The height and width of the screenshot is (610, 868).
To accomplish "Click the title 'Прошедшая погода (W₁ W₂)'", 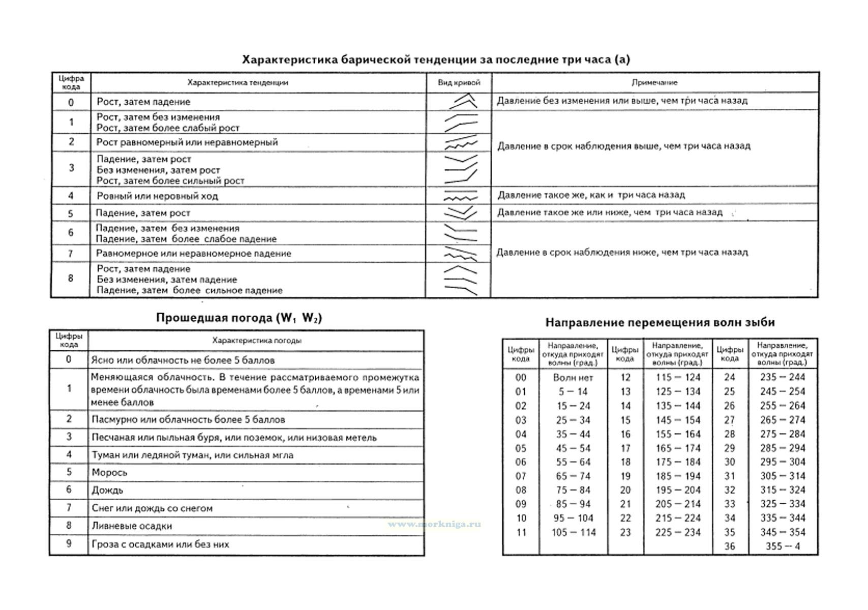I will point(238,318).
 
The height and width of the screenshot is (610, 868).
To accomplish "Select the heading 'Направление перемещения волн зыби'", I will point(660,322).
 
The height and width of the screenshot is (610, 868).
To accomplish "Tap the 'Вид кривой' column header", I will point(459,82).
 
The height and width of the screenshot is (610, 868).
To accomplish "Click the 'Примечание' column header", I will point(654,82).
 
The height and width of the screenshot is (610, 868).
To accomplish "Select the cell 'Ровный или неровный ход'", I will point(157,196).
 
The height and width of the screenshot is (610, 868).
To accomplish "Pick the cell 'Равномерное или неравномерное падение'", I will point(193,253).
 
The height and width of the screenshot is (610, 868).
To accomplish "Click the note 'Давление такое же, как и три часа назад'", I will point(591,195).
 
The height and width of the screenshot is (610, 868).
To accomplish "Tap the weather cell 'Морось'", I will point(109,473).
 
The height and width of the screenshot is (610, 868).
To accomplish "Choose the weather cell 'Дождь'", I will point(107,491).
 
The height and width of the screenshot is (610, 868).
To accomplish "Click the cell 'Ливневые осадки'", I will point(132,526).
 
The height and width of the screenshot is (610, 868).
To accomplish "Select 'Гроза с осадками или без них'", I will point(160,544).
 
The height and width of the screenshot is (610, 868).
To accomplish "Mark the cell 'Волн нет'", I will point(573,378).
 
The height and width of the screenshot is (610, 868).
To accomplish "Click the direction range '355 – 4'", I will point(782,547).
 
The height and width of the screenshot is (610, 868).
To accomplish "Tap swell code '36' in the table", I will point(730,547).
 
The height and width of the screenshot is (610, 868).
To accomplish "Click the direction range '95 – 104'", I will point(573,518).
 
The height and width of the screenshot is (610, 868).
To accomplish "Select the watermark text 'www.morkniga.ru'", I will point(434,524).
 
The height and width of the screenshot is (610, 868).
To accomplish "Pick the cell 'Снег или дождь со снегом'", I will point(152,508).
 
